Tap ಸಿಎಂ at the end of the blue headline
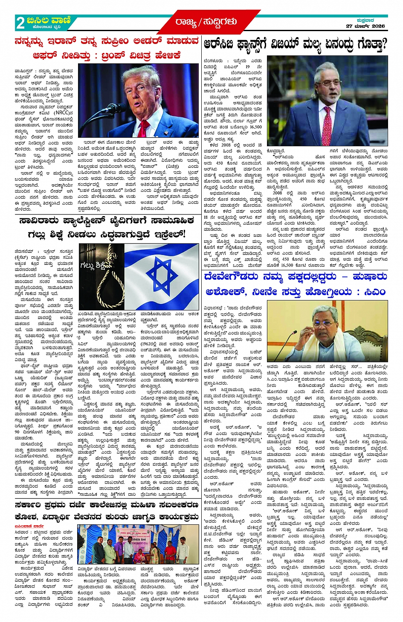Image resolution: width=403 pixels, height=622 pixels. pos(375,292)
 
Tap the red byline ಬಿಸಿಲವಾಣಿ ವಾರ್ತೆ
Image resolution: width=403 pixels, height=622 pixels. pos(30,527)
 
